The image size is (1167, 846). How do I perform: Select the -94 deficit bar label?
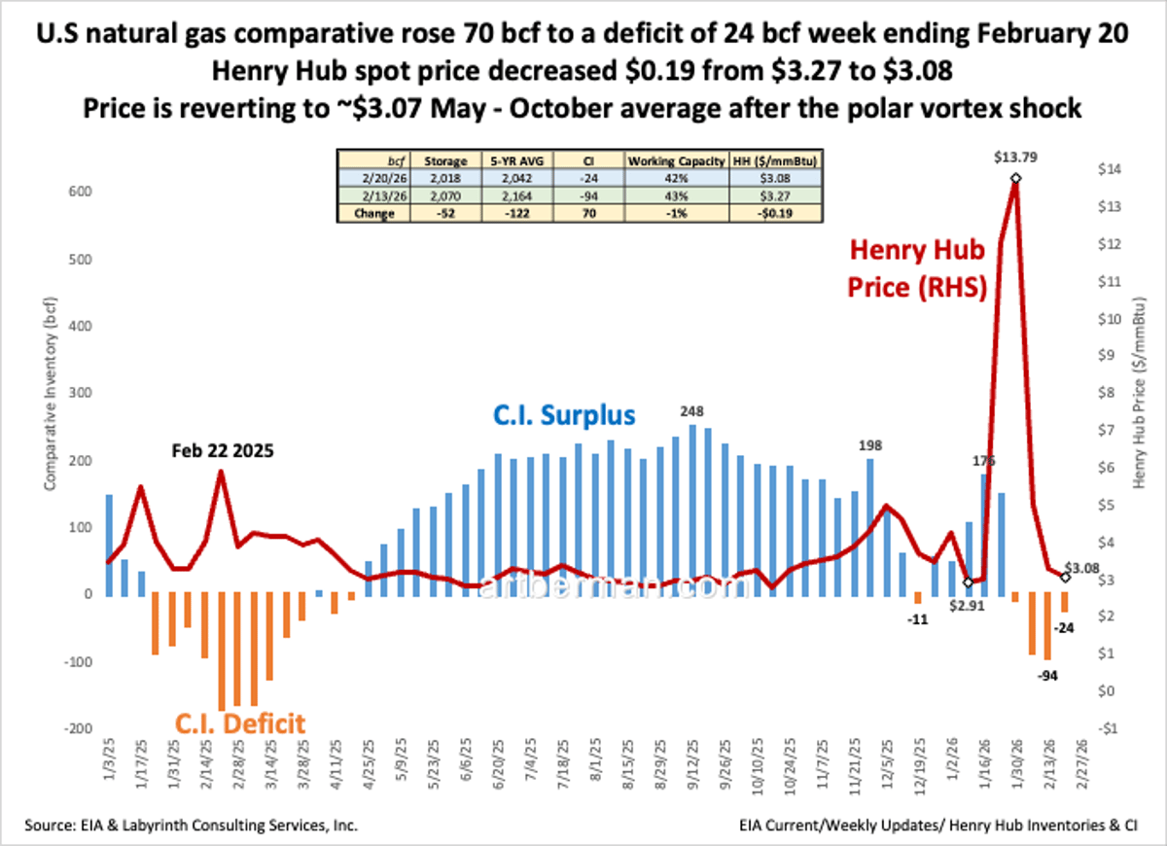click(1046, 675)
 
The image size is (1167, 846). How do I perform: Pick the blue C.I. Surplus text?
click(563, 416)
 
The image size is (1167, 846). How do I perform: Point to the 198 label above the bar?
click(869, 444)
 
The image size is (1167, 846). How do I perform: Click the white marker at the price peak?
click(1015, 178)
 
